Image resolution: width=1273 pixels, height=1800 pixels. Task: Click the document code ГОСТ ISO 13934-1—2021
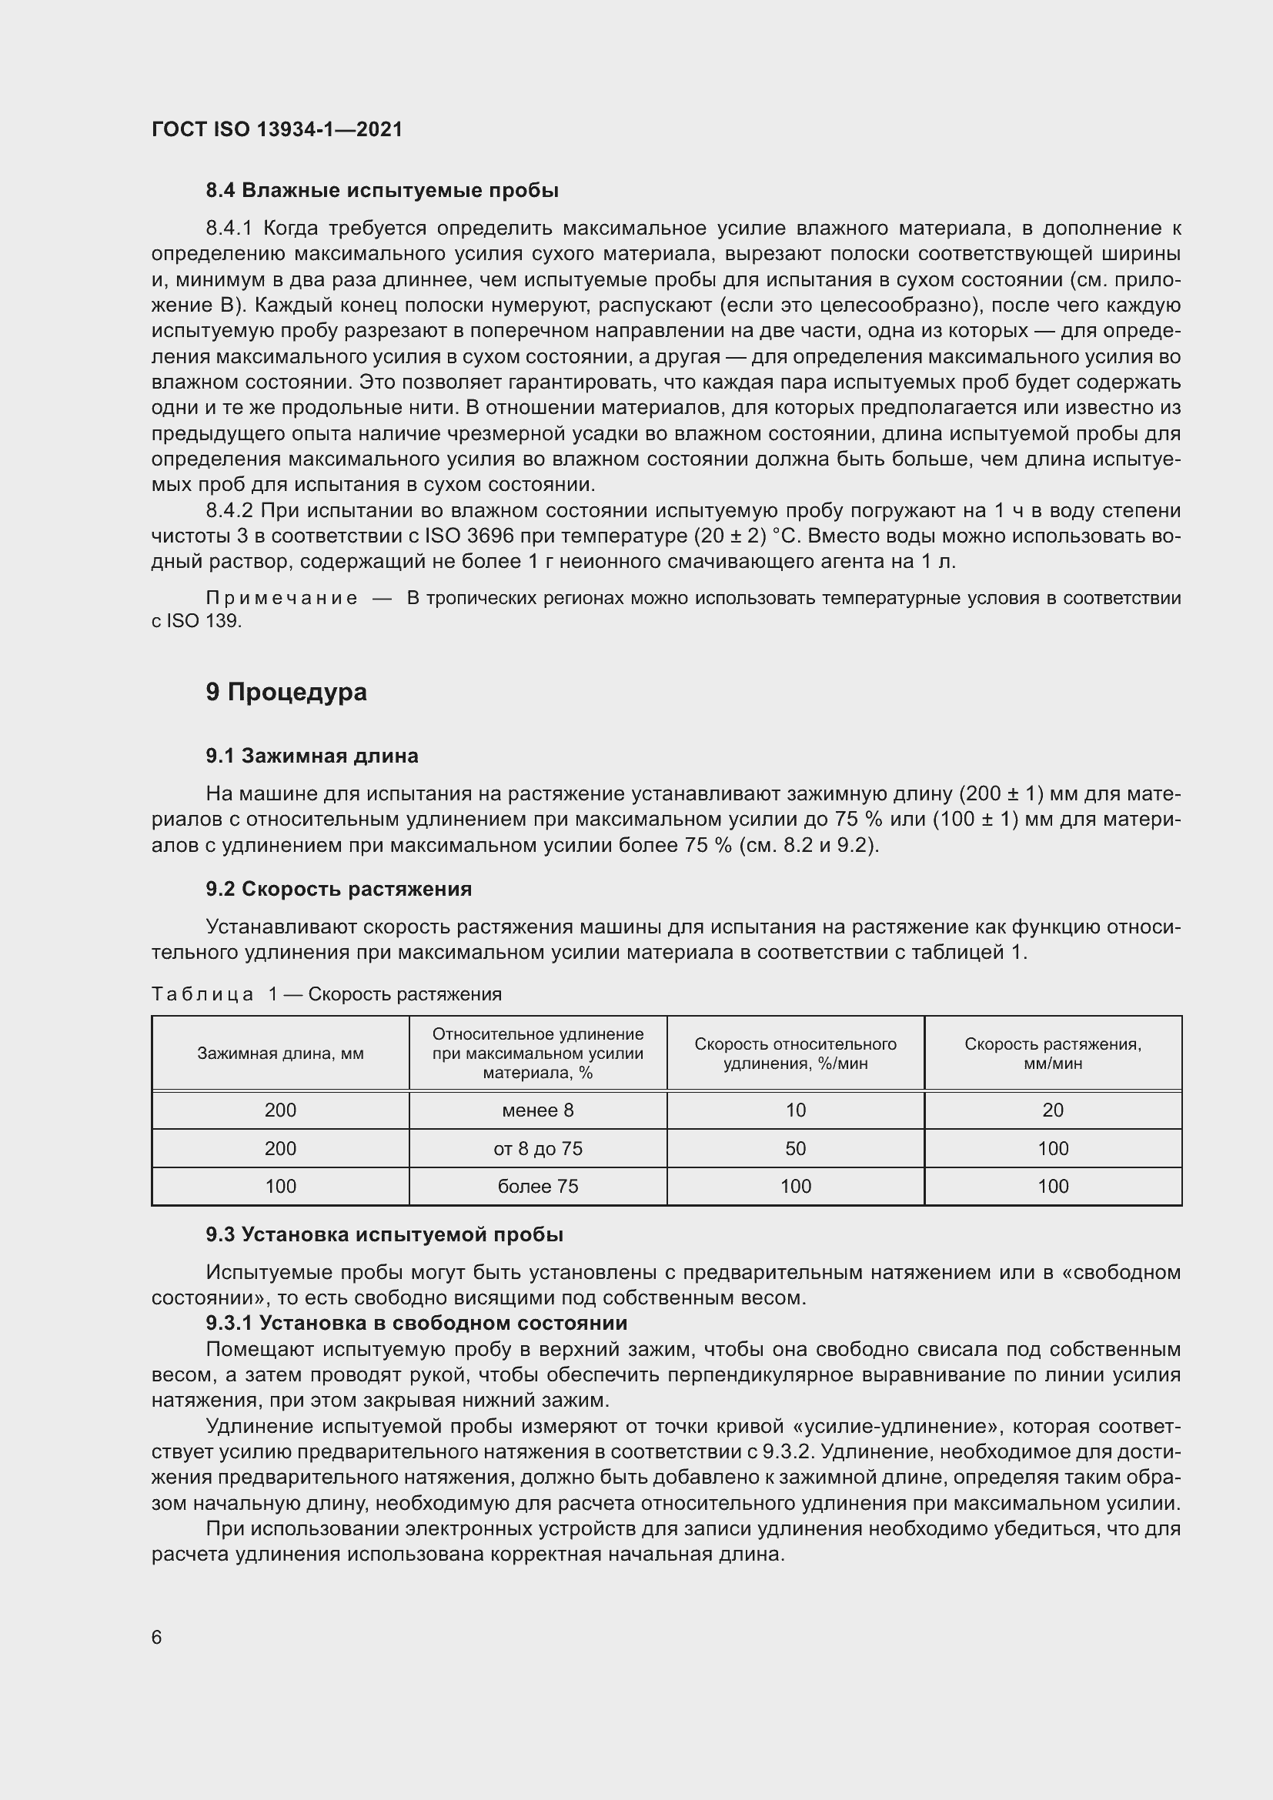277,129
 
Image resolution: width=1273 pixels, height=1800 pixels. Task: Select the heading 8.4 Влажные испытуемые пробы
382,191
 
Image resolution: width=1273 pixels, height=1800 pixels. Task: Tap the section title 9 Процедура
286,693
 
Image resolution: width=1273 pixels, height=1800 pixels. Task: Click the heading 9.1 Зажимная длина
312,756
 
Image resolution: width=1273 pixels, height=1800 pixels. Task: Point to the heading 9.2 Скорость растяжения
339,889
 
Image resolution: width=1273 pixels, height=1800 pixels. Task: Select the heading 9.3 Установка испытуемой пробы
384,1234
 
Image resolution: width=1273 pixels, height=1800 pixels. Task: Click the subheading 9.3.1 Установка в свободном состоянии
416,1324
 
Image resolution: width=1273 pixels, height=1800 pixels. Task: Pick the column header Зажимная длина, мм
281,1054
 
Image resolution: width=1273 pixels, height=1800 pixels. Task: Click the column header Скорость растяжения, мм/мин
1053,1054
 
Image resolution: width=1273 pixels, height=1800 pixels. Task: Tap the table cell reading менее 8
538,1110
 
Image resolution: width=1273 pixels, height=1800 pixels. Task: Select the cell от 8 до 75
538,1148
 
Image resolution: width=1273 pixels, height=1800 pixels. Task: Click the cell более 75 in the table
538,1186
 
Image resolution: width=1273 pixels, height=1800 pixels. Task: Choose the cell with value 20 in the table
1053,1110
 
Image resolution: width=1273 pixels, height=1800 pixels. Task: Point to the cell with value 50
795,1148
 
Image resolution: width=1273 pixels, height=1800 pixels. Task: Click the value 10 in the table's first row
795,1110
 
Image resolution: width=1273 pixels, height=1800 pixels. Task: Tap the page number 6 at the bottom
157,1638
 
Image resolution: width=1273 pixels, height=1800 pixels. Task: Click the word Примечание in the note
282,598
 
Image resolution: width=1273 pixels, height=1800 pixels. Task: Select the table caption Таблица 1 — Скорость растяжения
326,994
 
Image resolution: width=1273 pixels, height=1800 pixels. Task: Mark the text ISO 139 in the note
204,621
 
